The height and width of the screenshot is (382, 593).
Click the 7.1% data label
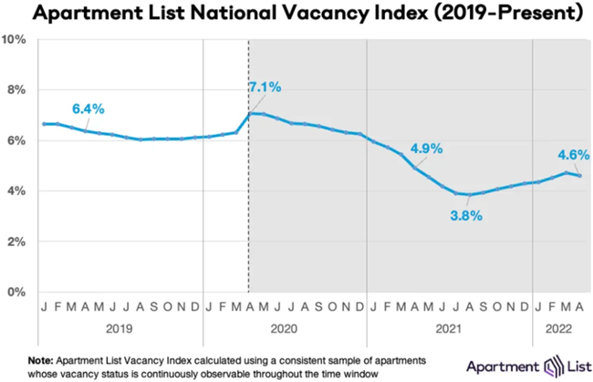click(x=265, y=88)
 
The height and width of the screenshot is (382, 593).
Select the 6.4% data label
click(x=88, y=108)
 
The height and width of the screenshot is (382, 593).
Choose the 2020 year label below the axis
click(x=284, y=325)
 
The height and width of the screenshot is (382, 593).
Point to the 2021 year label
click(x=447, y=325)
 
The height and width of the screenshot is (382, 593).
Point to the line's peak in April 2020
click(x=251, y=113)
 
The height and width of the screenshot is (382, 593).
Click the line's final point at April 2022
click(x=581, y=175)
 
